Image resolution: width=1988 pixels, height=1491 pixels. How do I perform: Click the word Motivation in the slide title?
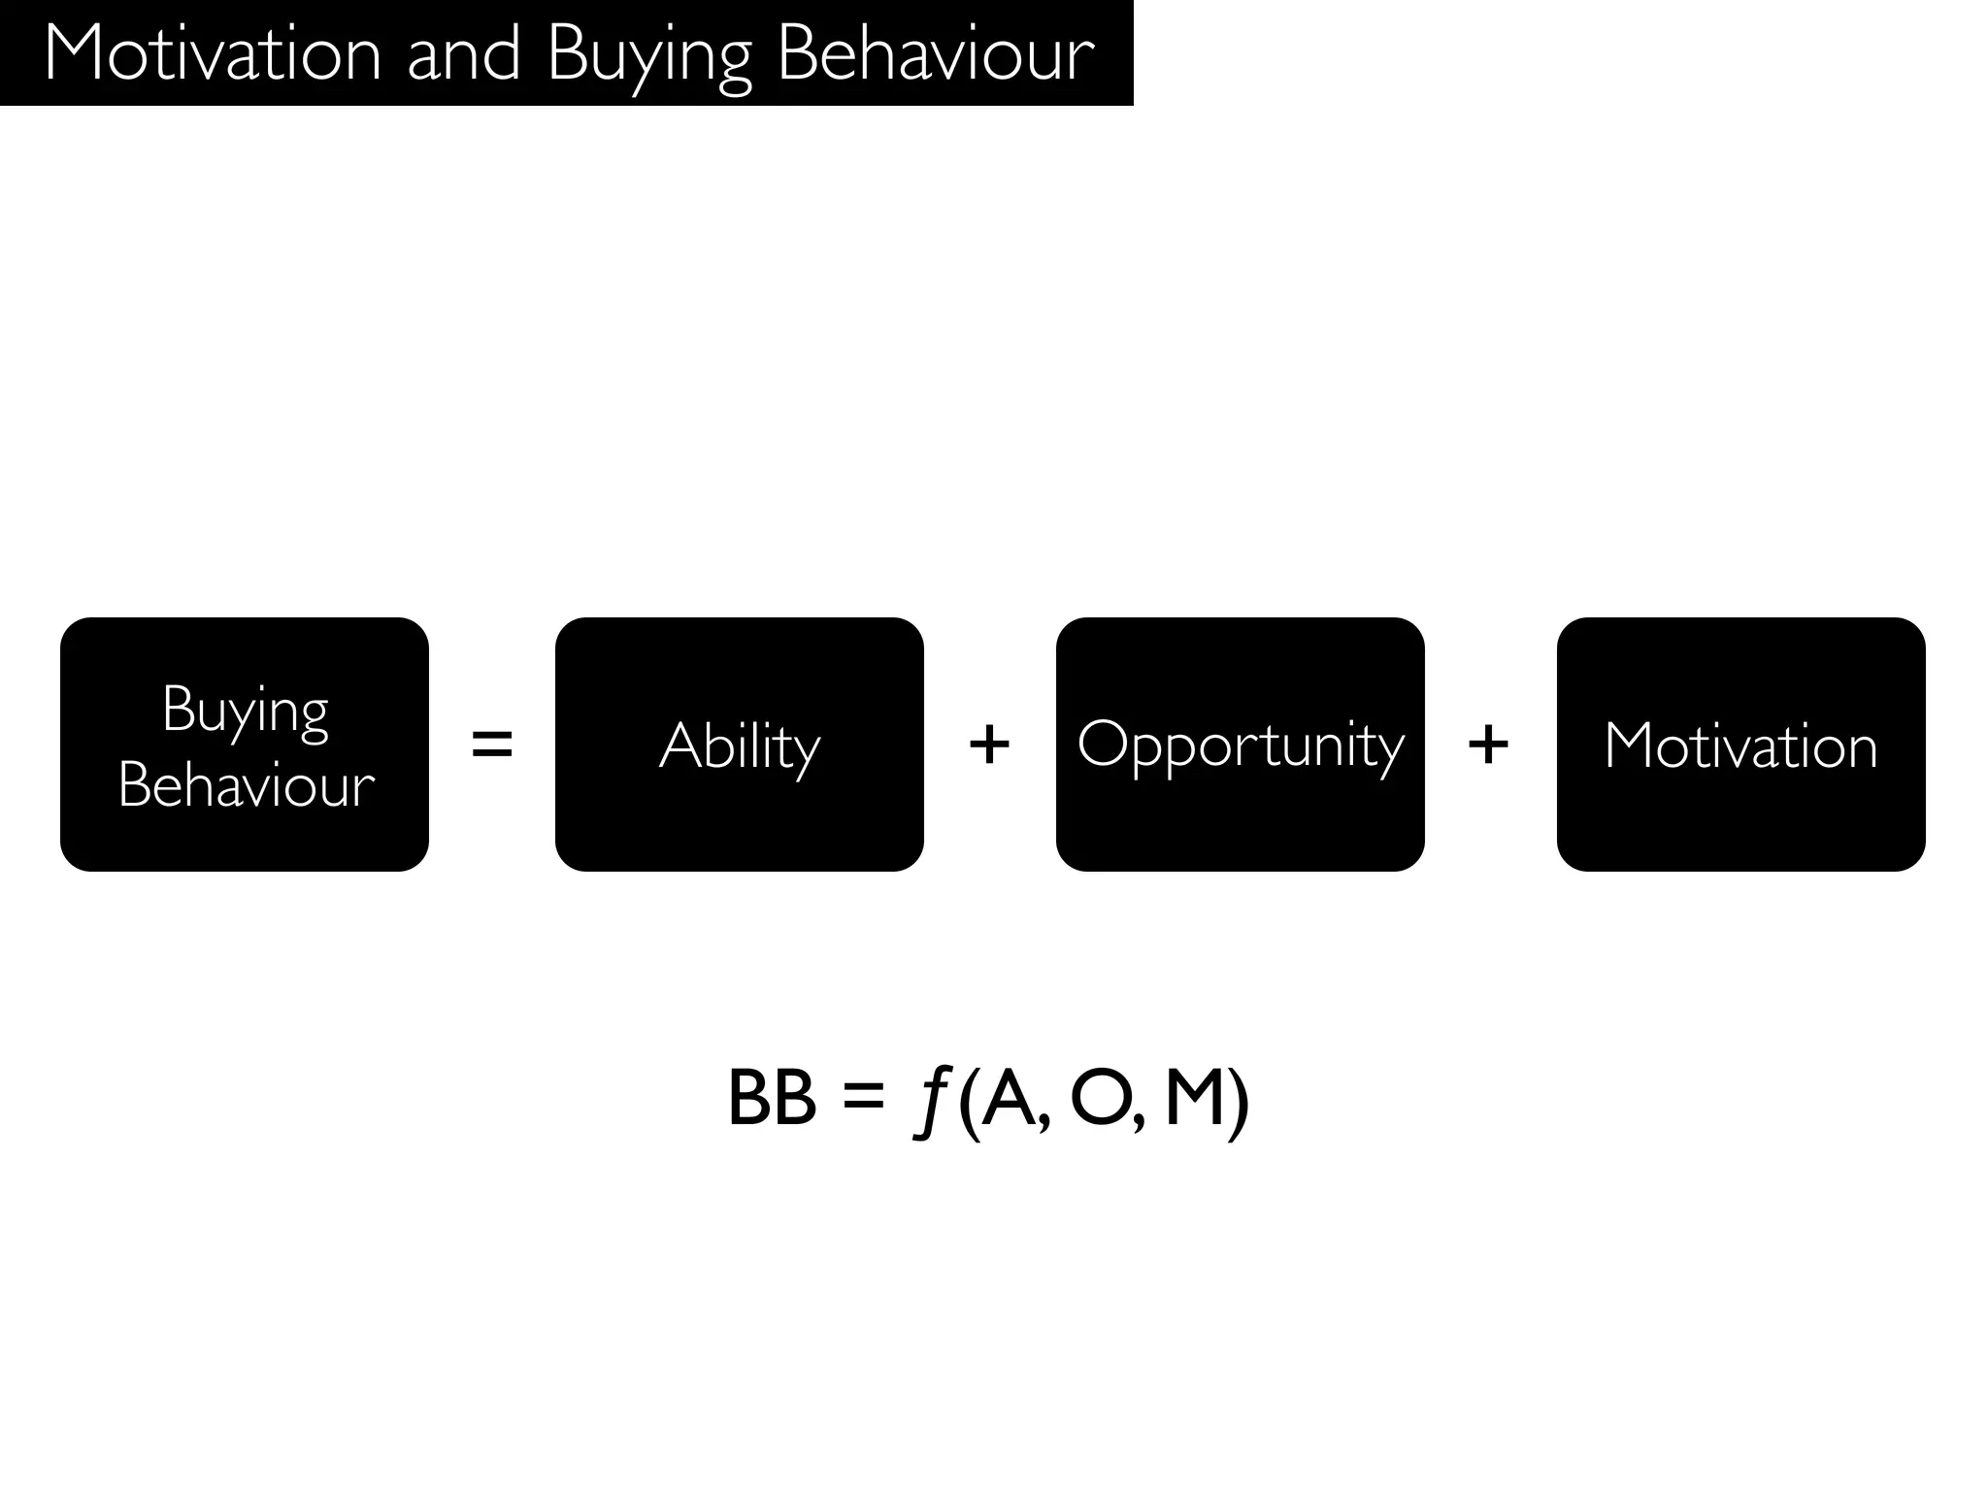(213, 54)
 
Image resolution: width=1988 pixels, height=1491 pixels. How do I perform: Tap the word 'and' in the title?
(463, 54)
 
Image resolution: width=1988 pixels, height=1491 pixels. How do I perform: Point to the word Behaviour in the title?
(936, 54)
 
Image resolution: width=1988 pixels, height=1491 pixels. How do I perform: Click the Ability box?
(739, 745)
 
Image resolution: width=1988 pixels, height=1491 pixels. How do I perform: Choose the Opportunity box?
(1240, 745)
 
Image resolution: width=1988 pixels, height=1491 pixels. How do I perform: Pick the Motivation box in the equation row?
(1740, 745)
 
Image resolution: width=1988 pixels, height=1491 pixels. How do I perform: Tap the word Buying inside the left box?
(245, 711)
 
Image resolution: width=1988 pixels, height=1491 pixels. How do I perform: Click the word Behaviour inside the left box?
(246, 784)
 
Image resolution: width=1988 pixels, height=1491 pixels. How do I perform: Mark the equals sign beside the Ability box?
(491, 745)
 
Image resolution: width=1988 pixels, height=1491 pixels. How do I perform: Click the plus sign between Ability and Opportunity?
(989, 745)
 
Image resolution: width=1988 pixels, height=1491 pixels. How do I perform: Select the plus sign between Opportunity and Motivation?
(1488, 745)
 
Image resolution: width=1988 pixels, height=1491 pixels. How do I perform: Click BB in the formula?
(772, 1099)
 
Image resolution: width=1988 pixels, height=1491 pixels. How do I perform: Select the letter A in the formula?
(1010, 1099)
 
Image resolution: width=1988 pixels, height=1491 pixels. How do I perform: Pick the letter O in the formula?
(1100, 1099)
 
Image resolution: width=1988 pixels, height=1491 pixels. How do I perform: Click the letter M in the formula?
(1193, 1099)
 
